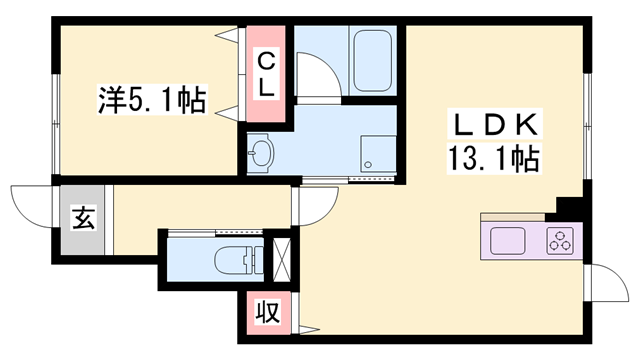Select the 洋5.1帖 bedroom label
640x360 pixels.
tap(152, 100)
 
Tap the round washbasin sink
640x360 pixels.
tap(262, 153)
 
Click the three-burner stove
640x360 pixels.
tap(560, 241)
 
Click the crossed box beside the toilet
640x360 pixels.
tap(281, 258)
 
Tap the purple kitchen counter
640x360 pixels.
tap(531, 241)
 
